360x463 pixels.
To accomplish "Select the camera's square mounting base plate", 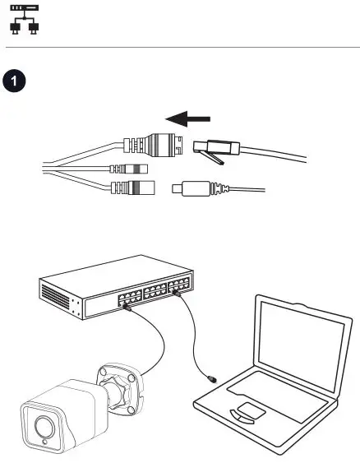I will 121,382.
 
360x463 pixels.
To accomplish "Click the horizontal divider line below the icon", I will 180,48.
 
